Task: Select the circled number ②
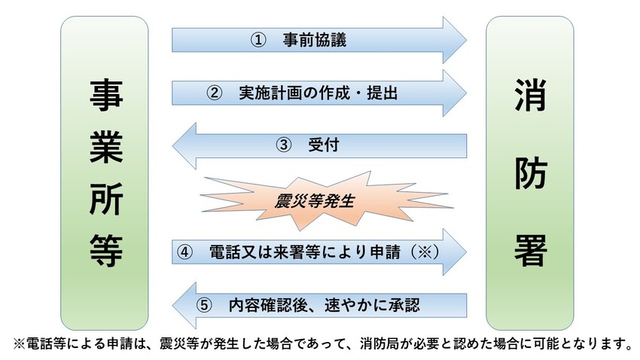point(214,93)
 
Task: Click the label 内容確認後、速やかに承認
point(324,306)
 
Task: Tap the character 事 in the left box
point(105,97)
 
